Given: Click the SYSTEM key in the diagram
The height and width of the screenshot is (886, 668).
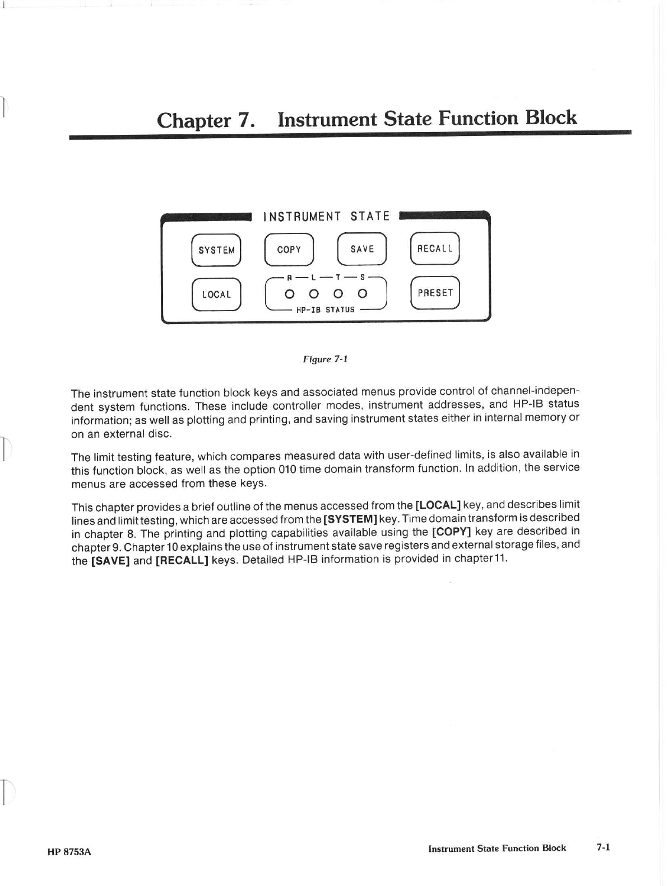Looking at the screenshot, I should (216, 250).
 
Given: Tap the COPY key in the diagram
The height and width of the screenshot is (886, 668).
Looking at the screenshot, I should (289, 250).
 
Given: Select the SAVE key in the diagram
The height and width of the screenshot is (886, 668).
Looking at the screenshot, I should (362, 249).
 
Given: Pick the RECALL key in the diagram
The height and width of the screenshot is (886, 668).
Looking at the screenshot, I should (435, 248).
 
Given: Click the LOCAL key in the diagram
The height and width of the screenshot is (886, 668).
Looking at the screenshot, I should (216, 294).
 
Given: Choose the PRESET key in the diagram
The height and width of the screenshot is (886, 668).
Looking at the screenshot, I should (435, 293).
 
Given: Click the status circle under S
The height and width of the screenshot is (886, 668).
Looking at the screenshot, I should (363, 293).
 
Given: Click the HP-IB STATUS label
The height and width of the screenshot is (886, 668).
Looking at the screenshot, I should (325, 310).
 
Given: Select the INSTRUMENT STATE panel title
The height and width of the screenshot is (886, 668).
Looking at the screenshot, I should (326, 217).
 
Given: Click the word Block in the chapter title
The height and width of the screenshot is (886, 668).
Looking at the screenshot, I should (551, 118).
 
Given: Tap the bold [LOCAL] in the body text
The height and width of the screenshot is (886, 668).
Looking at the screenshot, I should (438, 504).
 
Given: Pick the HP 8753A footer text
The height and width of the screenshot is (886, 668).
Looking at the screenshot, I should (69, 852).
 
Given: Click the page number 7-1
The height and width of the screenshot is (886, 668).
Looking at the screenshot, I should (603, 847).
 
